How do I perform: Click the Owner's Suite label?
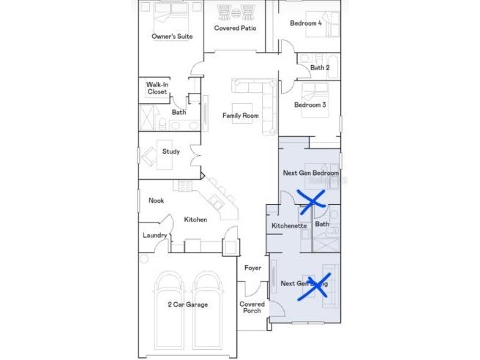172,36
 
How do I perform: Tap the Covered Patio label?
234,29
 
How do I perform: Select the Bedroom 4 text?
305,23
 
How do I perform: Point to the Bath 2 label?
320,67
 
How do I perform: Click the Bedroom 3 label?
310,105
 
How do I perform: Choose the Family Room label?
241,116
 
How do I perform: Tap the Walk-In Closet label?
157,89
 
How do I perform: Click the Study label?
170,152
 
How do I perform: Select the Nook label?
156,200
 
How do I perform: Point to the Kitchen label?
195,220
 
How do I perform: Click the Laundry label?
154,236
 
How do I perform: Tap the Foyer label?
252,269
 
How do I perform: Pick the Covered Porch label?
252,307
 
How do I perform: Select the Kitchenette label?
289,226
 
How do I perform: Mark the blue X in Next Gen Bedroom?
310,200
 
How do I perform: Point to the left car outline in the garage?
170,311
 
